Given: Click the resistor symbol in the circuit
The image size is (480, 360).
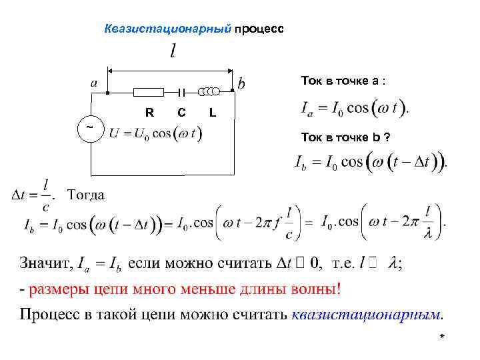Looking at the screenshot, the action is [149, 92].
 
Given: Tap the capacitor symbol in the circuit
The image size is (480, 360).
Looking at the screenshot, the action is [181, 92].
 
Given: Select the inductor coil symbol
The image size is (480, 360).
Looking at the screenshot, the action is [210, 91].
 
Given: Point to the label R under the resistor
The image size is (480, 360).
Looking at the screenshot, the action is [149, 113].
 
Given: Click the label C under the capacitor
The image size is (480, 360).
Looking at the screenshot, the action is [181, 113].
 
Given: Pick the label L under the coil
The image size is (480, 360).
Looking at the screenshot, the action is [212, 113].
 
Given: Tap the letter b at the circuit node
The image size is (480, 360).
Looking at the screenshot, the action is [241, 83].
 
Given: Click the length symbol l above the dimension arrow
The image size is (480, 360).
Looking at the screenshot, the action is [173, 51].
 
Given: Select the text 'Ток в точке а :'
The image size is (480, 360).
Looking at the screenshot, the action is [343, 81].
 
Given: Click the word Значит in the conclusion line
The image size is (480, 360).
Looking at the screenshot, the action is [43, 264].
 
